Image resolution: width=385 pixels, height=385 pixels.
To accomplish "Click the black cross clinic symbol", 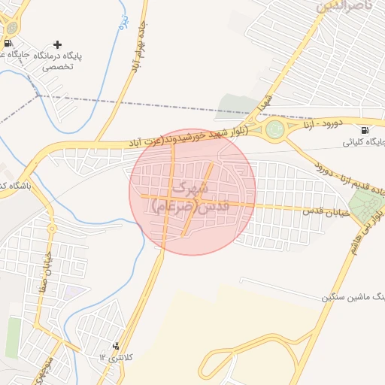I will coord(58,44).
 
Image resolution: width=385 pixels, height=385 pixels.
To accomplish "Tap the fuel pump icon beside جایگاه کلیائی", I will coord(365,129).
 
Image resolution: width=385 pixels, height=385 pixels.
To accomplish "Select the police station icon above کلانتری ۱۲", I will coord(116,347).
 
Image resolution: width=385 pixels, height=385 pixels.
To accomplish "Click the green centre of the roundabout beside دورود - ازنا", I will coord(275,131).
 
